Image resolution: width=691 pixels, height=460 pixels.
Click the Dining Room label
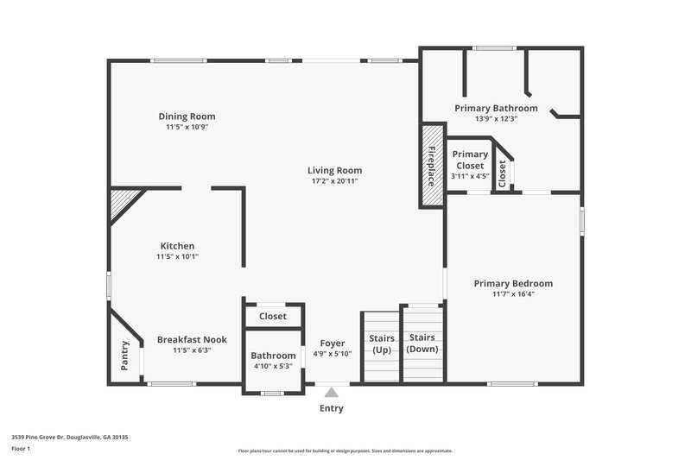(x=187, y=117)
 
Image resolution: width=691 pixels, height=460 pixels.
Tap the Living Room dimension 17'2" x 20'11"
(x=334, y=181)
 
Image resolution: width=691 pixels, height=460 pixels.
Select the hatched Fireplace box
(x=432, y=165)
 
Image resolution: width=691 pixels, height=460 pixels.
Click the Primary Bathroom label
(x=496, y=109)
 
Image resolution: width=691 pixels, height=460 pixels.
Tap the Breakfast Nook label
(x=191, y=340)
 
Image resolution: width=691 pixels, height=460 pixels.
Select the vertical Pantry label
(x=124, y=356)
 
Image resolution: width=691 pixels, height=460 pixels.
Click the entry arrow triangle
(x=331, y=393)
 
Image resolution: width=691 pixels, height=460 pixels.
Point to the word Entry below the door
(x=331, y=408)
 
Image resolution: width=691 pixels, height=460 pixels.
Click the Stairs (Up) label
(x=381, y=343)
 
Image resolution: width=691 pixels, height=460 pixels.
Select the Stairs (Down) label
(x=422, y=343)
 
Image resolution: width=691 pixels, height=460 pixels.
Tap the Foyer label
(x=332, y=343)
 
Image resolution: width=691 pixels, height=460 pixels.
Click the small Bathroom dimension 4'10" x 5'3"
(x=273, y=366)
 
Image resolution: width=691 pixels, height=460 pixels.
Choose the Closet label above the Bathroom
(x=273, y=317)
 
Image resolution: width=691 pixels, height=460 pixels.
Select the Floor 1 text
(x=21, y=449)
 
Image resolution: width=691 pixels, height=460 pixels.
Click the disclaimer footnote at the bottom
(x=345, y=451)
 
